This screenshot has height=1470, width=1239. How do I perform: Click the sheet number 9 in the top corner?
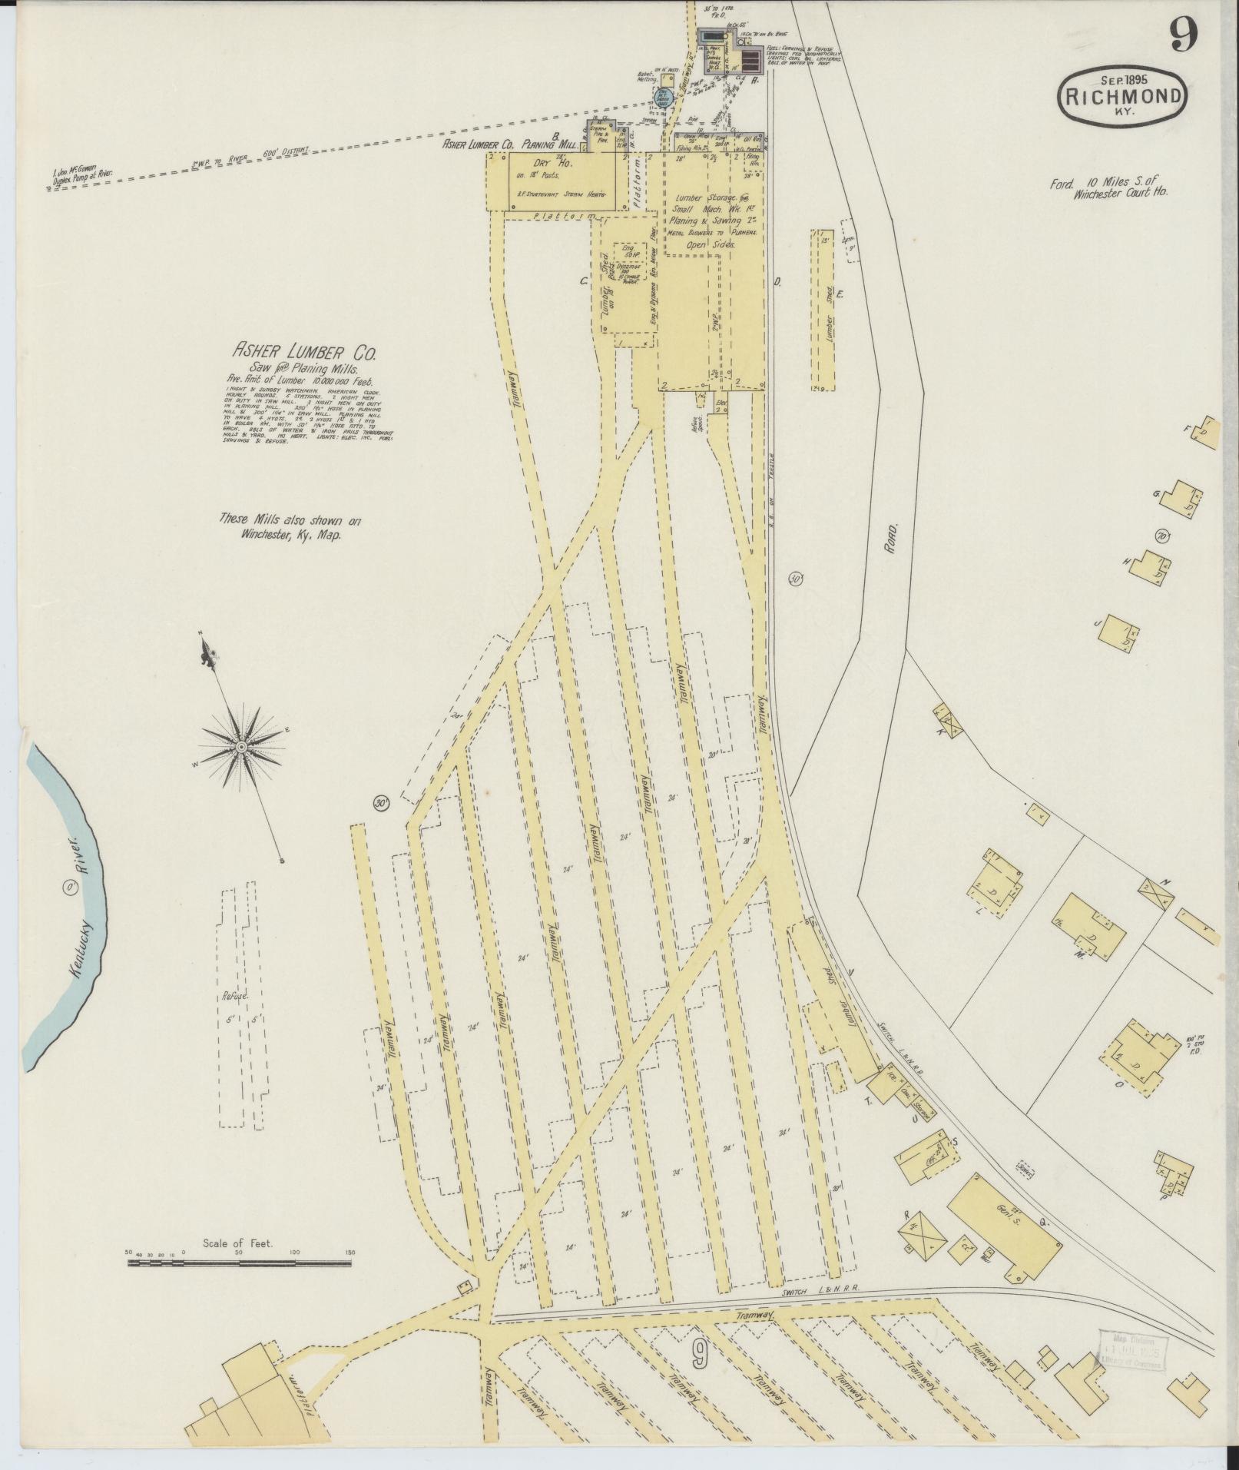click(x=1185, y=35)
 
